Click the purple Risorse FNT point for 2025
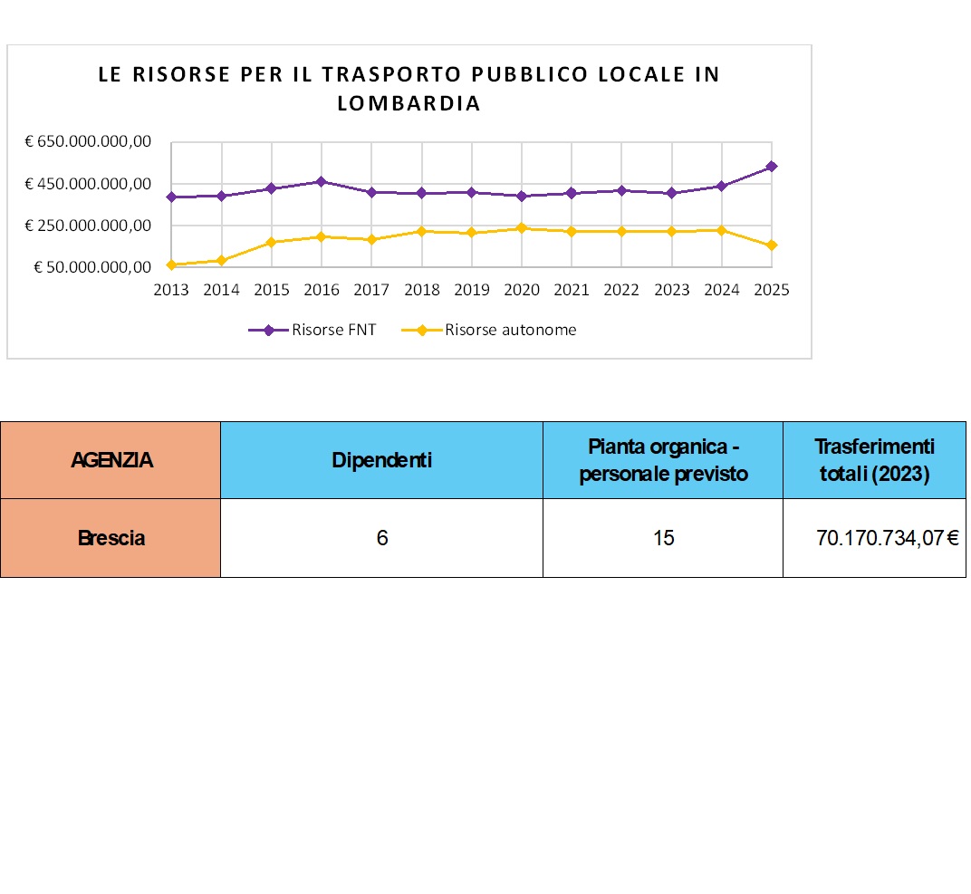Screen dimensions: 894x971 pyautogui.click(x=771, y=166)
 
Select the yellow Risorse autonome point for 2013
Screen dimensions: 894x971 pyautogui.click(x=171, y=264)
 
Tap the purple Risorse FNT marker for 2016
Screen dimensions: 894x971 pyautogui.click(x=322, y=181)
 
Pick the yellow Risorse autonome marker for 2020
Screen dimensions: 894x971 pyautogui.click(x=522, y=228)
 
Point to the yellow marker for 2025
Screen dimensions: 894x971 pyautogui.click(x=771, y=245)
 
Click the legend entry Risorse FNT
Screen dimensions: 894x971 pyautogui.click(x=313, y=330)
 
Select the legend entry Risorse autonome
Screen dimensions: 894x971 pyautogui.click(x=489, y=330)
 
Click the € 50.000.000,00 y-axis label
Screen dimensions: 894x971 pyautogui.click(x=91, y=267)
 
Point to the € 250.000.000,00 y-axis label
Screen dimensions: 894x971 pyautogui.click(x=87, y=226)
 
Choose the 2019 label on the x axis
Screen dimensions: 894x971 pyautogui.click(x=471, y=290)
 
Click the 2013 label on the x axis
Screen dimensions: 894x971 pyautogui.click(x=171, y=290)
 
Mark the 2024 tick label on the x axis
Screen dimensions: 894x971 pyautogui.click(x=721, y=290)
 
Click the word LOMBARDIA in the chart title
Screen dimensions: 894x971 pyautogui.click(x=409, y=103)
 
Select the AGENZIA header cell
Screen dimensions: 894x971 pyautogui.click(x=111, y=460)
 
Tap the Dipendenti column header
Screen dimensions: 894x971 pyautogui.click(x=381, y=460)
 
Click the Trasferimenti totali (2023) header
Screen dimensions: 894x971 pyautogui.click(x=874, y=459)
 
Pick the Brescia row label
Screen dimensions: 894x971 pyautogui.click(x=111, y=538)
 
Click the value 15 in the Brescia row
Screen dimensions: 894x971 pyautogui.click(x=663, y=538)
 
